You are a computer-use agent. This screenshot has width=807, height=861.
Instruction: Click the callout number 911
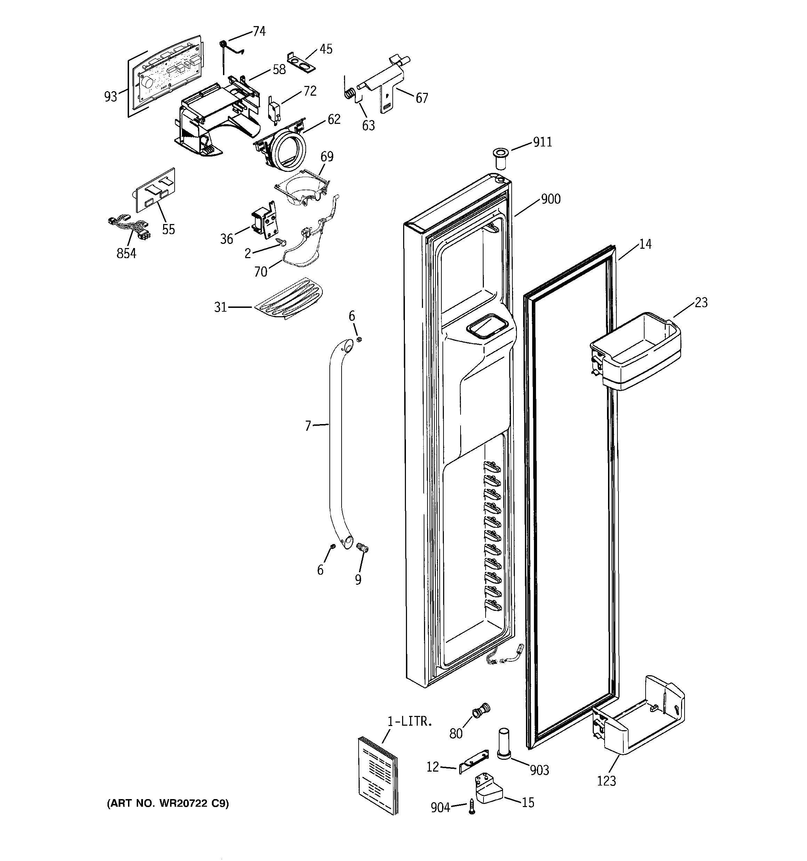542,142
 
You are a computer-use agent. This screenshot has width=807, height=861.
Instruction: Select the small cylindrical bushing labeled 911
501,159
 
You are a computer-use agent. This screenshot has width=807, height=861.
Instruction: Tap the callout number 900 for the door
551,199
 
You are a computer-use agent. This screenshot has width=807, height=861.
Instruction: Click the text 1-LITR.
409,722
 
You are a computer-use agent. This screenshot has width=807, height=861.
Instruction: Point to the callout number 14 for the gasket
645,244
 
